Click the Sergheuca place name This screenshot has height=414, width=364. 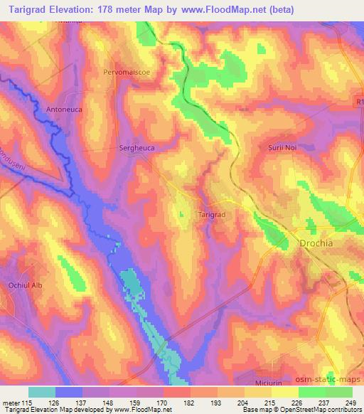click(136, 149)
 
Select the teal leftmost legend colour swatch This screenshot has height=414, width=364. click(41, 392)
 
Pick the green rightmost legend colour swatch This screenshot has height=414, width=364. click(339, 392)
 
